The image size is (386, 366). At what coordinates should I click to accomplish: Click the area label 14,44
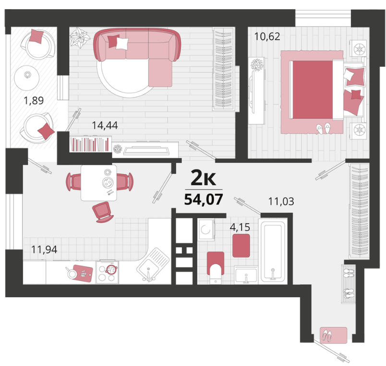point(105,126)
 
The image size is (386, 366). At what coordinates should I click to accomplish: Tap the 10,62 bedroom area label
point(267,37)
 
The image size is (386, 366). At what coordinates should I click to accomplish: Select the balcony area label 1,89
point(34,101)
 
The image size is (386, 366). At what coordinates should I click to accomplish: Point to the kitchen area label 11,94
point(44,249)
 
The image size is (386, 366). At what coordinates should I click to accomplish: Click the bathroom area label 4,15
point(240,227)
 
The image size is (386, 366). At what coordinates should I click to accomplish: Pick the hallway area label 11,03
point(281,202)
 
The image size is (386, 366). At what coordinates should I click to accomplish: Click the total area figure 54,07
point(204,199)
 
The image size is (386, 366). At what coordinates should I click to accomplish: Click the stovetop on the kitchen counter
point(107,272)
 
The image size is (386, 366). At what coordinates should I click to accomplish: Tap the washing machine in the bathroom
point(206,229)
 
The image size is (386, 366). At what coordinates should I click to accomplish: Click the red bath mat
point(241,246)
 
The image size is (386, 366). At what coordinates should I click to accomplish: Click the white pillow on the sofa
point(122,43)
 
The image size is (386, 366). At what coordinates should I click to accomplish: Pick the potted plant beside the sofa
point(80,38)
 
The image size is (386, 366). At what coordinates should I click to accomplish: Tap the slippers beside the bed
point(324,128)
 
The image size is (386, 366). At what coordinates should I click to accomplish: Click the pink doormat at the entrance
point(334,335)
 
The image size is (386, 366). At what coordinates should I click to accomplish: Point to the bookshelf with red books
point(90,144)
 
